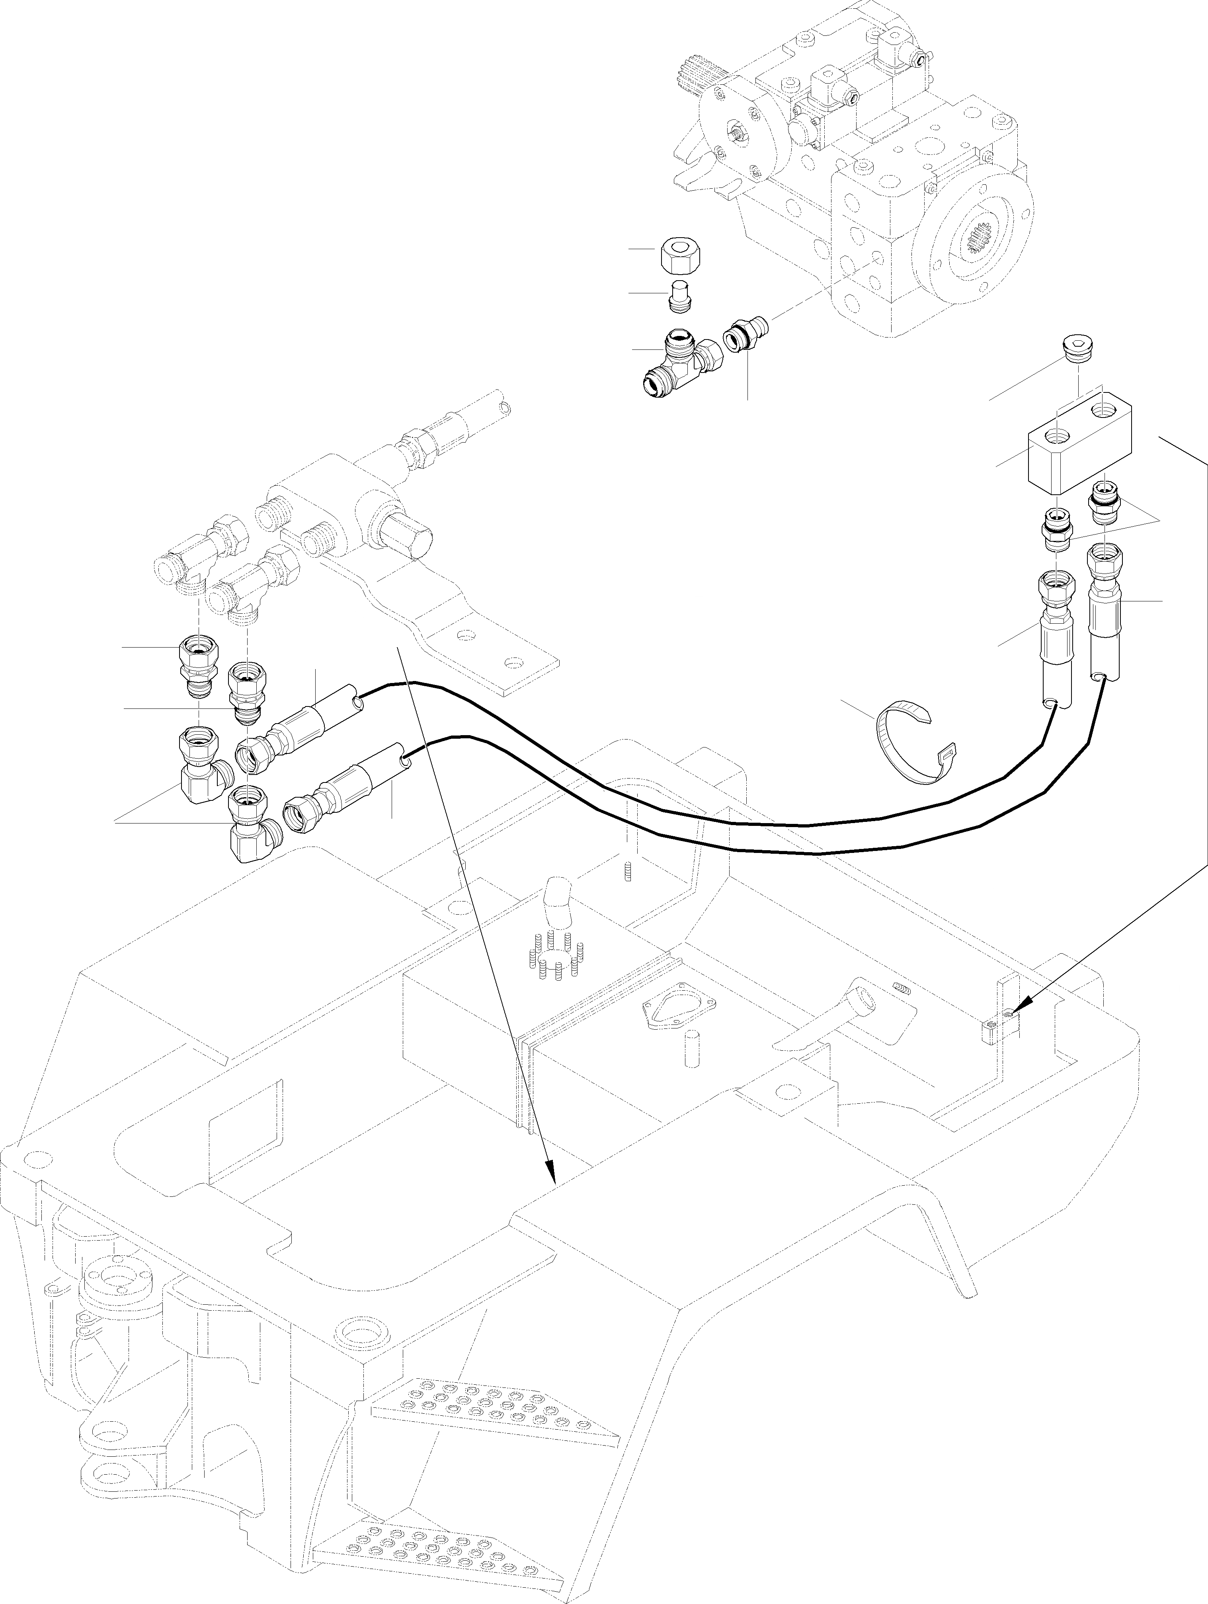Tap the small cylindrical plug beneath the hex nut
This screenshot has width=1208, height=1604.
(679, 297)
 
